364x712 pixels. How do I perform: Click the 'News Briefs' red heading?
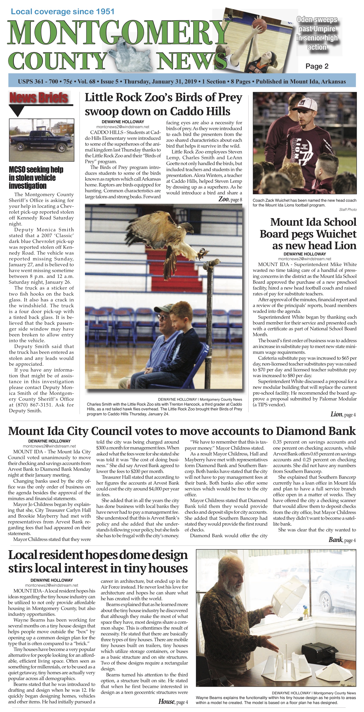[38, 98]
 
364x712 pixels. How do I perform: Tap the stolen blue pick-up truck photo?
[41, 140]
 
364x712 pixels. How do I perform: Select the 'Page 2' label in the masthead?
[317, 66]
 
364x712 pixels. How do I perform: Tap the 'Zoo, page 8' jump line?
[230, 199]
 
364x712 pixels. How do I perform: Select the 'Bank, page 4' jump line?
[342, 540]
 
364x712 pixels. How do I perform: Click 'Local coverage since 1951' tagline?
[62, 12]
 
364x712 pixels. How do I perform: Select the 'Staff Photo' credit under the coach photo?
[348, 210]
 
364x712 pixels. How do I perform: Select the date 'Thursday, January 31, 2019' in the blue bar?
[160, 82]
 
